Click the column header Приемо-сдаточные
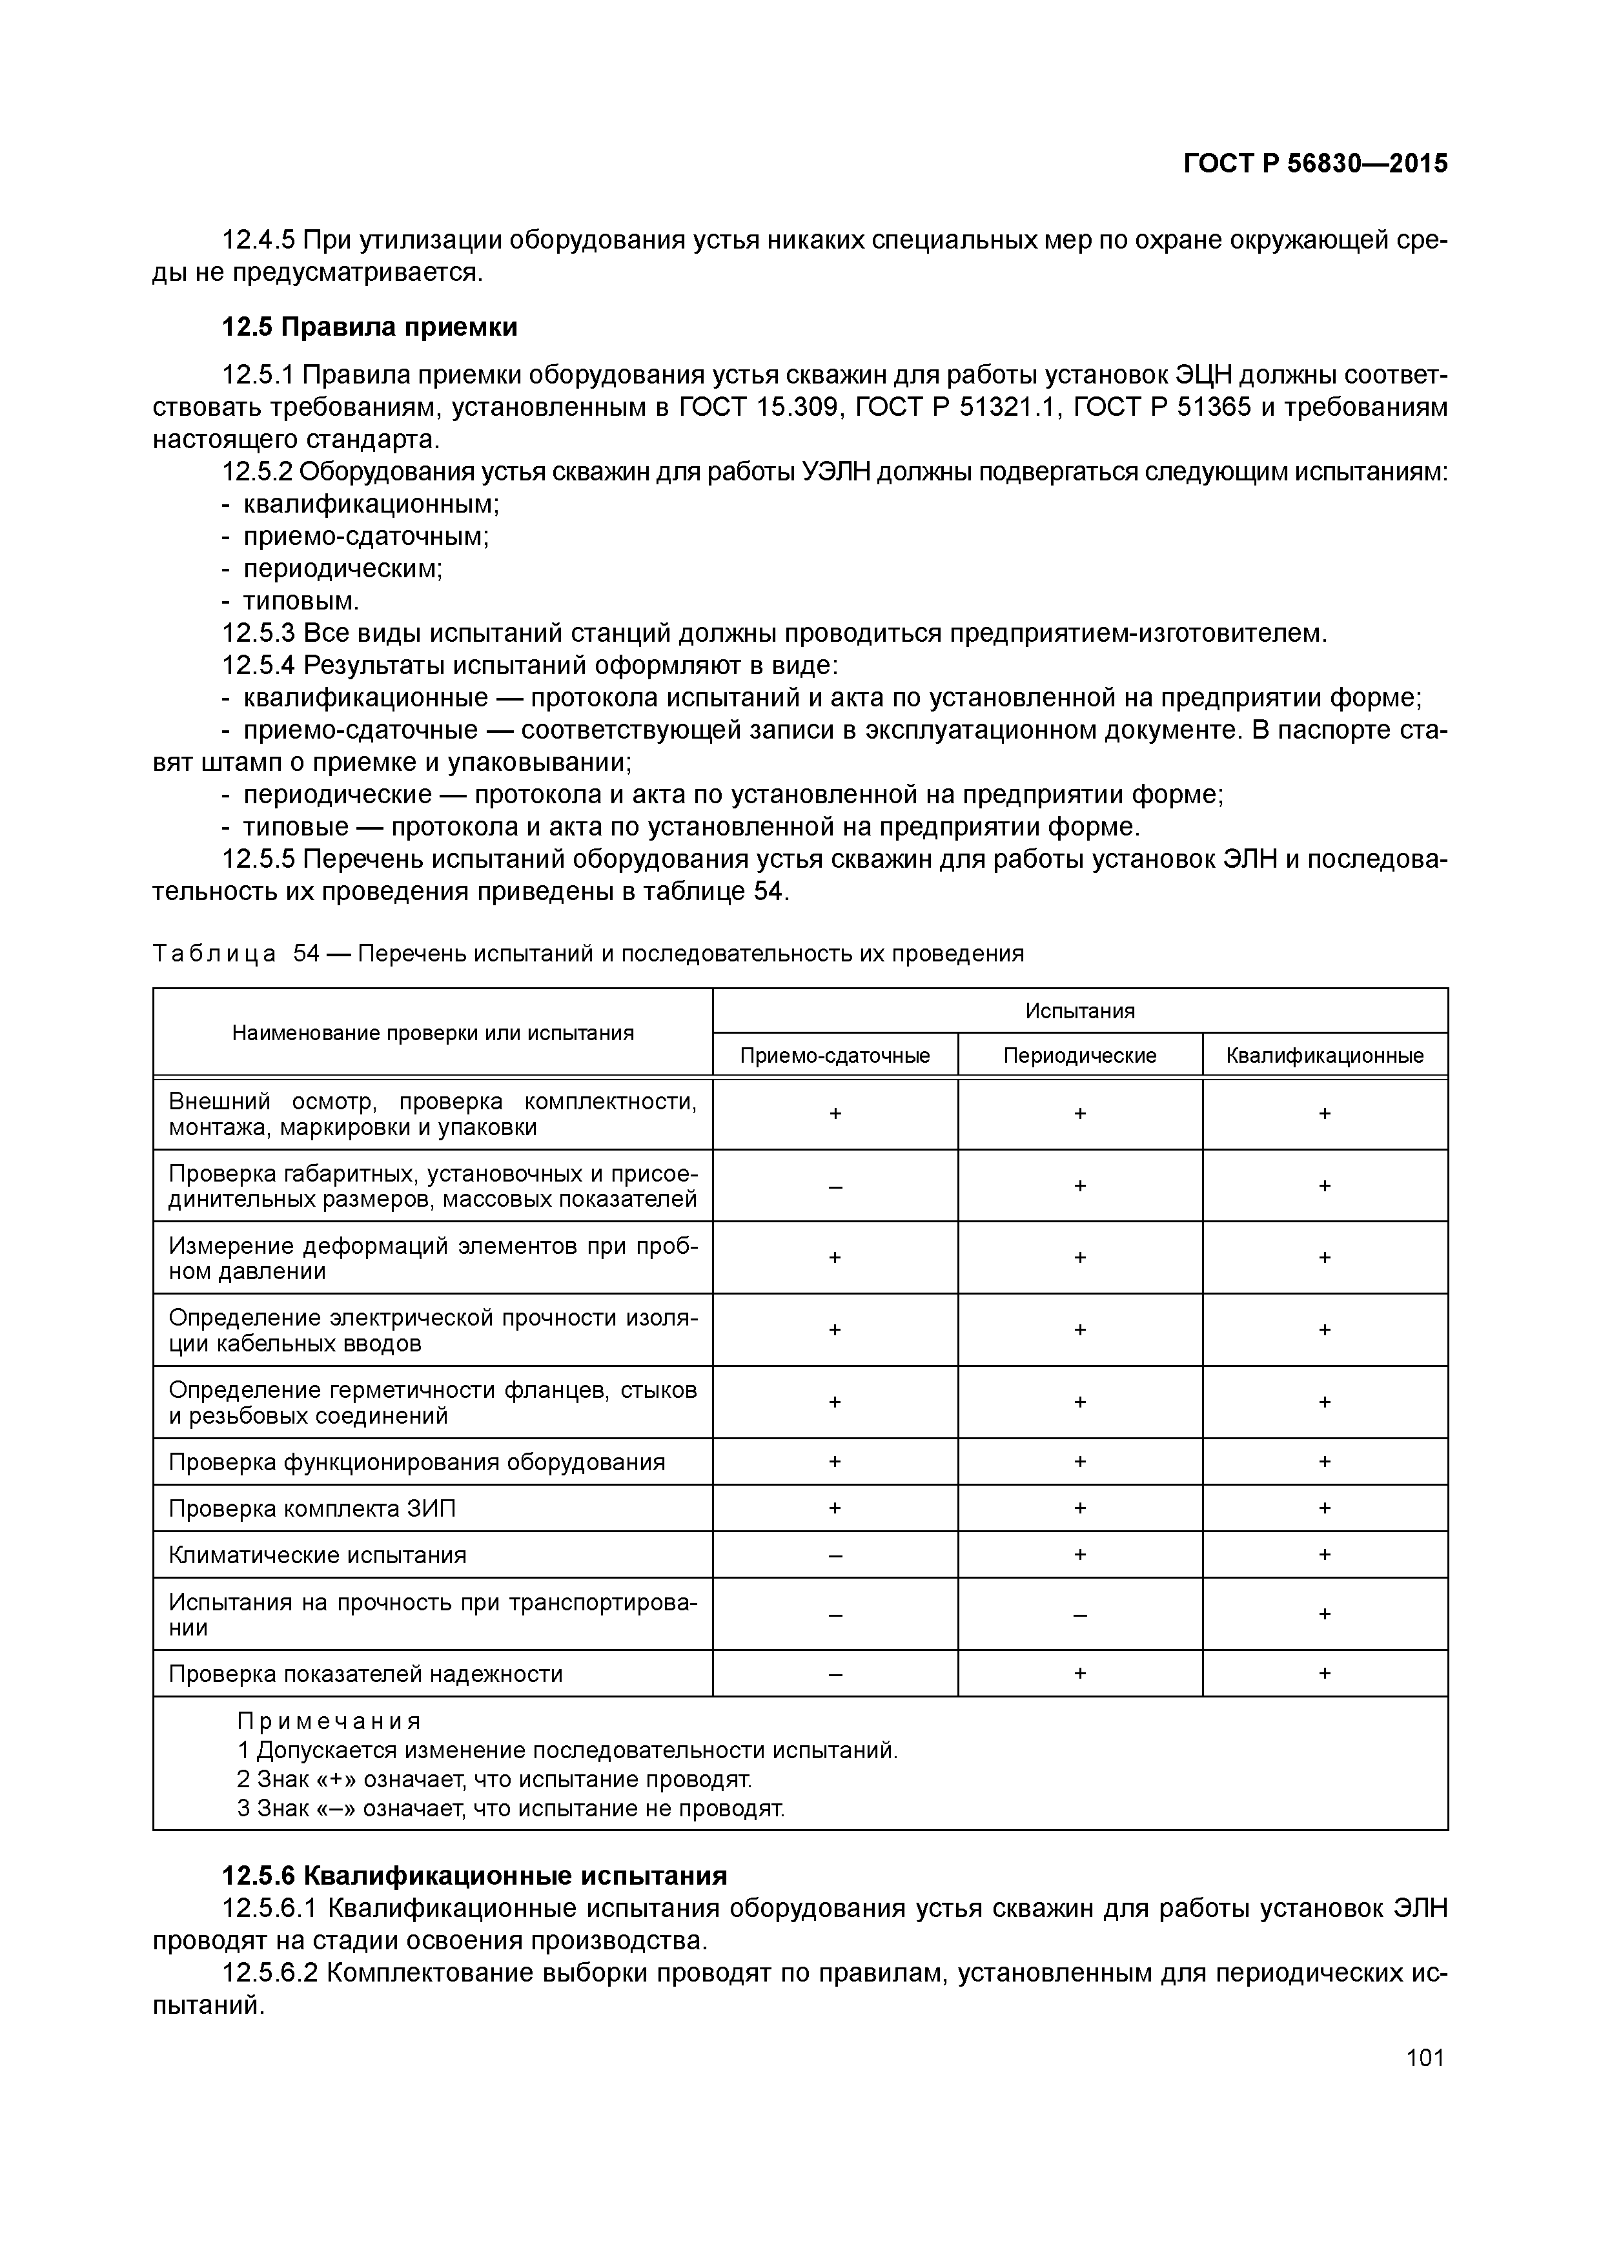point(835,1056)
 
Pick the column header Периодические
point(1079,1056)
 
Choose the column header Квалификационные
point(1324,1056)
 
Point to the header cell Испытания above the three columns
point(1079,1010)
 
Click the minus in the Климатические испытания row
point(835,1555)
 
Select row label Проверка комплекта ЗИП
point(312,1508)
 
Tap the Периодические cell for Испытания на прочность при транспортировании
point(1079,1614)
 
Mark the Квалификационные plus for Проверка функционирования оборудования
point(1324,1461)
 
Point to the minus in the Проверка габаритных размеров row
point(835,1186)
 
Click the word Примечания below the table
point(329,1721)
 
